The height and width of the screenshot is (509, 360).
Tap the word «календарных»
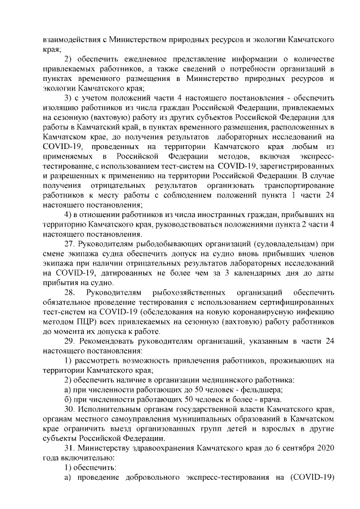pyautogui.click(x=237, y=273)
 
